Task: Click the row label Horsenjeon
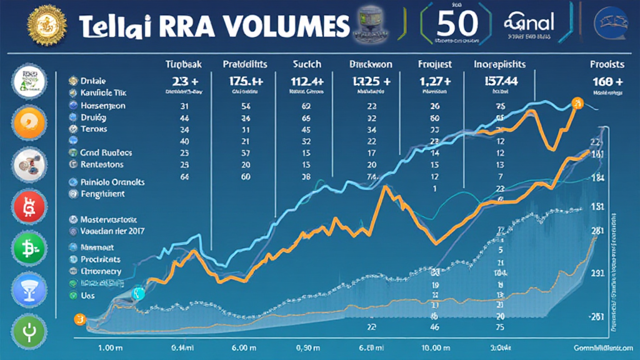coord(103,105)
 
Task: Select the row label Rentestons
coord(102,164)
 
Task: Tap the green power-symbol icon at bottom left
coord(29,330)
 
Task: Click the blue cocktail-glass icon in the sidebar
coord(29,289)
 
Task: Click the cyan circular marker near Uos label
coord(139,294)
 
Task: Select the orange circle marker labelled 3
coord(79,319)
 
